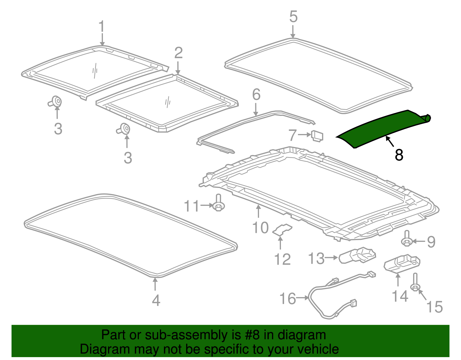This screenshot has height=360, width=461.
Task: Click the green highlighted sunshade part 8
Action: pyautogui.click(x=380, y=128)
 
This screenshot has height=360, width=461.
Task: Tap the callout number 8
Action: pyautogui.click(x=399, y=155)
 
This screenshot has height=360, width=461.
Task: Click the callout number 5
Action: pyautogui.click(x=293, y=17)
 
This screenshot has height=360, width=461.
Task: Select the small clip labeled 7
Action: pyautogui.click(x=317, y=136)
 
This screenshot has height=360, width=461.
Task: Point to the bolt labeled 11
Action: pyautogui.click(x=218, y=204)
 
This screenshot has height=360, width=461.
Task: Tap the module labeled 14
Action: pyautogui.click(x=402, y=263)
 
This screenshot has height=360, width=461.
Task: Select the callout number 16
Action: pyautogui.click(x=288, y=299)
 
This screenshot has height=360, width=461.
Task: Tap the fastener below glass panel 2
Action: pyautogui.click(x=124, y=129)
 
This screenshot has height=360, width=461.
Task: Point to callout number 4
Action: pyautogui.click(x=156, y=300)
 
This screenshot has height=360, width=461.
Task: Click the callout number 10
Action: pyautogui.click(x=260, y=228)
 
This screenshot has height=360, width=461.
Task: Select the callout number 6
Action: pyautogui.click(x=256, y=95)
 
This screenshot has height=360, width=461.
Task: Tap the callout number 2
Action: pyautogui.click(x=178, y=53)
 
